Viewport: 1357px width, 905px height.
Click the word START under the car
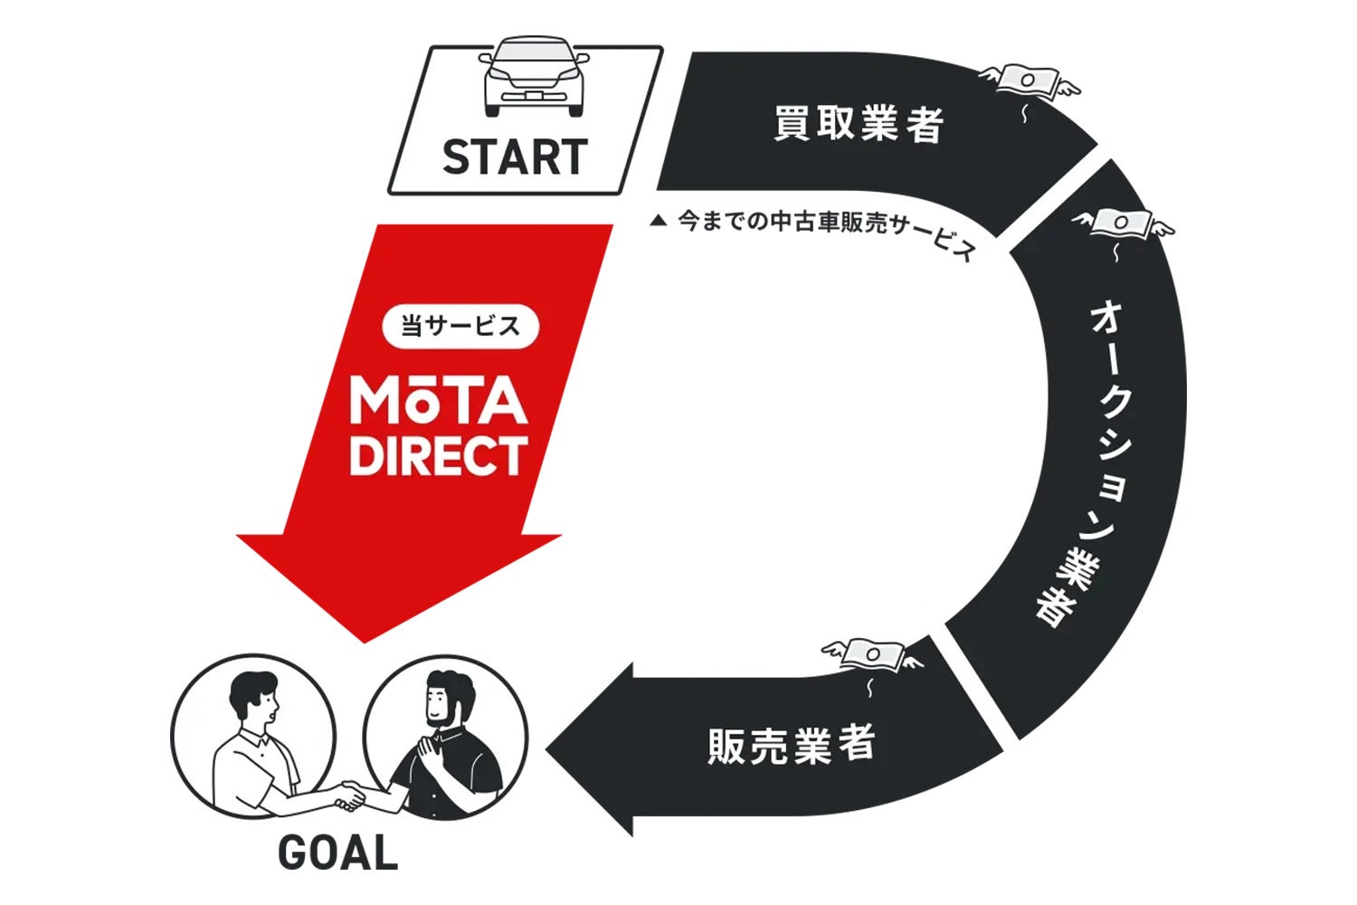tap(515, 157)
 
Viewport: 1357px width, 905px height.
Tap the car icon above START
tap(534, 77)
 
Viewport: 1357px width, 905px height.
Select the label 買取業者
tap(859, 124)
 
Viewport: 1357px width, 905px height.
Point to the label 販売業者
tap(791, 745)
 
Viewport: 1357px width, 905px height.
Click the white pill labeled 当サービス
tap(460, 326)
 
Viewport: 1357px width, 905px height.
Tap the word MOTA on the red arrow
tap(439, 401)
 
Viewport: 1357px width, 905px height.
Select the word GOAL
tap(337, 853)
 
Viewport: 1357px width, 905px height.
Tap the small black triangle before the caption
tap(659, 220)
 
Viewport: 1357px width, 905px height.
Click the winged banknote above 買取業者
tap(1029, 81)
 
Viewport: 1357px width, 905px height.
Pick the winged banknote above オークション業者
tap(1122, 223)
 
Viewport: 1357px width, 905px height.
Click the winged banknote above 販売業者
tap(873, 653)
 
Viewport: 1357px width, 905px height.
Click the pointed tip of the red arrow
tap(364, 640)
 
